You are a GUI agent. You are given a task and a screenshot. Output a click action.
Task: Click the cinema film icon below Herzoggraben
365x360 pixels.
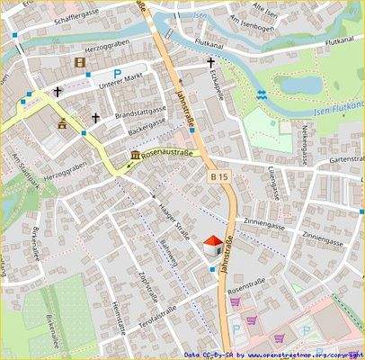[83, 62]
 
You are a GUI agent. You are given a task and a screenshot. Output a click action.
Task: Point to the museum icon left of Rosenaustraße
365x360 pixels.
[135, 156]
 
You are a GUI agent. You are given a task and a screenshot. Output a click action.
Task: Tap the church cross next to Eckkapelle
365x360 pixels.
[211, 63]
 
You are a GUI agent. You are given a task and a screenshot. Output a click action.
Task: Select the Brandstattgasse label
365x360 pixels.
[141, 113]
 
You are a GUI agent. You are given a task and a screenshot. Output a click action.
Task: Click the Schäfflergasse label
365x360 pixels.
[82, 16]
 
